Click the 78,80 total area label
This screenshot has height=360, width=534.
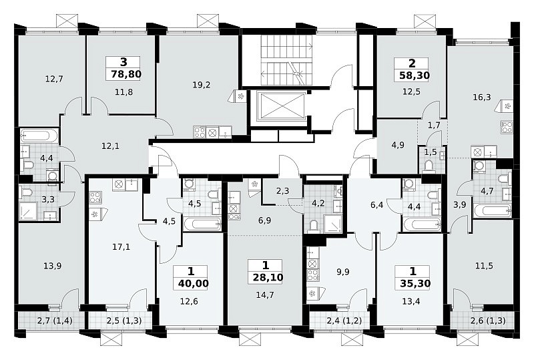point(126,74)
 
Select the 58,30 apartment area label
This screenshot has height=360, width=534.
point(414,75)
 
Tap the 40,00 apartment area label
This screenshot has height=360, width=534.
point(193,283)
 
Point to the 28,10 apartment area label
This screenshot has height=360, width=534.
point(268,277)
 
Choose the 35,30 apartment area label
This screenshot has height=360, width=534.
point(415,283)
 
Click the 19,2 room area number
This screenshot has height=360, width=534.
point(202,85)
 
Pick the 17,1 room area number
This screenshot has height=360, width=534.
point(121,246)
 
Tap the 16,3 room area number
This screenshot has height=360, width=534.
point(482,97)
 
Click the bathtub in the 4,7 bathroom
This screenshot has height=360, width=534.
point(492,210)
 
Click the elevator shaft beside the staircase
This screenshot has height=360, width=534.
point(281,106)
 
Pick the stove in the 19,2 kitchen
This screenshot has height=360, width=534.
point(199,132)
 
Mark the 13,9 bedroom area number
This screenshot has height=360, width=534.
point(53,266)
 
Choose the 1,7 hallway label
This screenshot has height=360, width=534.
point(434,126)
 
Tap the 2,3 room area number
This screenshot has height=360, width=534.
point(282,191)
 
